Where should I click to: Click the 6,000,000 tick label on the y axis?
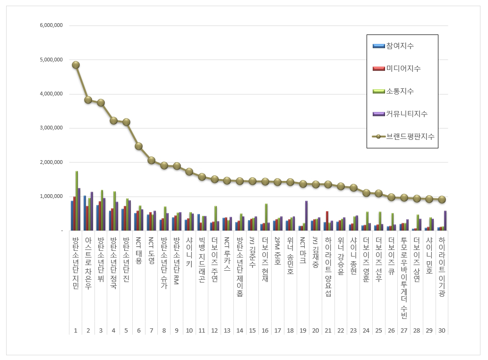click(52, 26)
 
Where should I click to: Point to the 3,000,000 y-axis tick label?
click(52, 128)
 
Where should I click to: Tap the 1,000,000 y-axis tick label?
click(52, 197)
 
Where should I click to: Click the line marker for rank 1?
click(76, 65)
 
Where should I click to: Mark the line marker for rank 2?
click(88, 100)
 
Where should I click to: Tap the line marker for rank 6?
click(139, 146)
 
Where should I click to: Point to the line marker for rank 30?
click(442, 199)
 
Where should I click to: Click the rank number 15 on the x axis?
click(252, 331)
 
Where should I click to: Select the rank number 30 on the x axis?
click(442, 331)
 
